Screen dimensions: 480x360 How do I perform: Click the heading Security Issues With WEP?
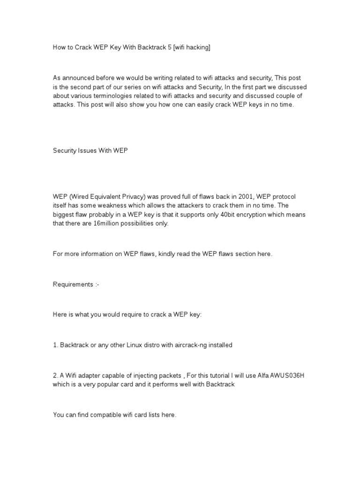coord(90,150)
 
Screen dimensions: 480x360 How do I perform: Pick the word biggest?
coord(65,214)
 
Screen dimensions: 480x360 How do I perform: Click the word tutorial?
coord(227,375)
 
